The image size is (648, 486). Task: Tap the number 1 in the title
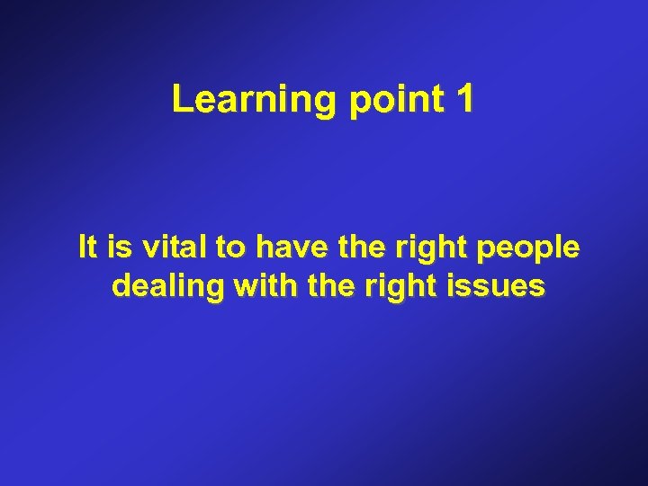coord(464,100)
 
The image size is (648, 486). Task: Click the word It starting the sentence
coord(88,247)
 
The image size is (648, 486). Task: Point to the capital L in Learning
coord(181,100)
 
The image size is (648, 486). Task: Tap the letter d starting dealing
coord(121,287)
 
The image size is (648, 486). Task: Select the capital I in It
coord(83,247)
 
